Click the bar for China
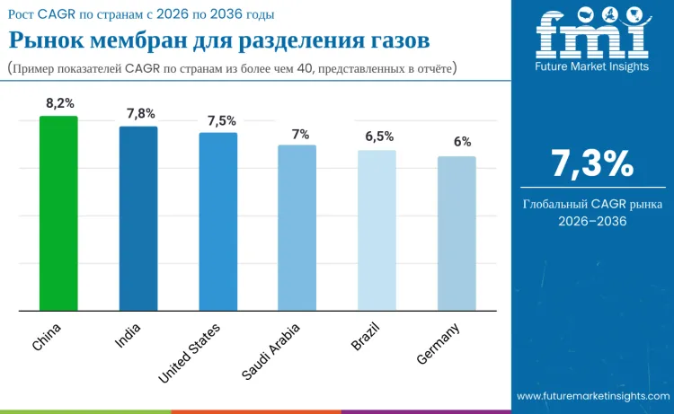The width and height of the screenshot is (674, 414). (x=58, y=214)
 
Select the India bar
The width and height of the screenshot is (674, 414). (x=138, y=218)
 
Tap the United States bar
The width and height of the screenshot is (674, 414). (x=217, y=222)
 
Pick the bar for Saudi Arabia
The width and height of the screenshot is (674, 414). (x=297, y=228)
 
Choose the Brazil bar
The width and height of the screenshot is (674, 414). (x=377, y=231)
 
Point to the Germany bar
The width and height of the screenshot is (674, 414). (x=457, y=233)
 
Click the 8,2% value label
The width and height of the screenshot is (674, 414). (x=60, y=103)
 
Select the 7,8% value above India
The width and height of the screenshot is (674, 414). (x=140, y=114)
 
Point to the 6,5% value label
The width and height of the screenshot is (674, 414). (x=379, y=137)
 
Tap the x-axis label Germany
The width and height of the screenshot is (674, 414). (x=439, y=343)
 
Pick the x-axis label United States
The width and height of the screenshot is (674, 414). (x=189, y=353)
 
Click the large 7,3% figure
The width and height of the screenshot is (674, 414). (x=592, y=163)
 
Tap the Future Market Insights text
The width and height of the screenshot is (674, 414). (x=591, y=66)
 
